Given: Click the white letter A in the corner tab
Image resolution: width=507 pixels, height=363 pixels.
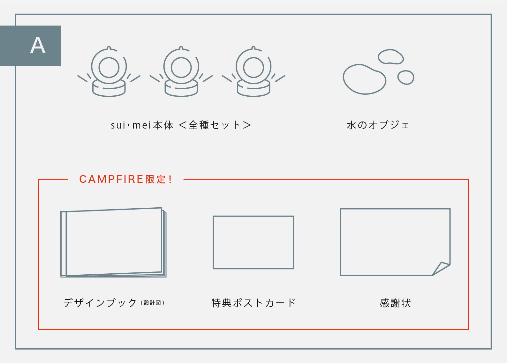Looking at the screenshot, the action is point(38,46).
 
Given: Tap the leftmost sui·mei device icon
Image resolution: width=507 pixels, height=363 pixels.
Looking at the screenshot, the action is point(109,71).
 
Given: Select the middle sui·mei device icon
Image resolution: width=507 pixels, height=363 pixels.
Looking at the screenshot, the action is point(181,71).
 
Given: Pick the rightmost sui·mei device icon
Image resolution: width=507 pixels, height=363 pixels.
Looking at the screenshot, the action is point(253,71).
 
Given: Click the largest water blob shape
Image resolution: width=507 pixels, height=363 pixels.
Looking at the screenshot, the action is point(364,79).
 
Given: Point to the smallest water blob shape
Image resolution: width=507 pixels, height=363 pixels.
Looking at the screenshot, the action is point(406,77).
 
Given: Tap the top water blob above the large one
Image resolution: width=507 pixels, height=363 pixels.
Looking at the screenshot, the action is point(391,56).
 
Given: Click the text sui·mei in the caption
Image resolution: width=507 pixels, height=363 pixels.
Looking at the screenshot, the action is point(131,125).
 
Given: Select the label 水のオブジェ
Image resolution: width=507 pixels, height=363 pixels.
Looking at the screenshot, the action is point(378,125).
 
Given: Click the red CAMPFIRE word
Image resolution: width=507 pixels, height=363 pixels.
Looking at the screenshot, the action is point(111,179).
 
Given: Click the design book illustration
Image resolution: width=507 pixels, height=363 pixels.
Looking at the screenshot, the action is point(113,242).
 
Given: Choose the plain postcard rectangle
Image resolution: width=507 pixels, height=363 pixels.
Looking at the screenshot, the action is point(253,242).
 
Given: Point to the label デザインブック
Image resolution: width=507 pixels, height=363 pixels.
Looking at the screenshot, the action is point(100,303).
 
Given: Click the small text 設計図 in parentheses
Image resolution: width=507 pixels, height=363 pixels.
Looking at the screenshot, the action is point(152,303).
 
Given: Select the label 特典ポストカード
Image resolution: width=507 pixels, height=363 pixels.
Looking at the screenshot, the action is point(253,303).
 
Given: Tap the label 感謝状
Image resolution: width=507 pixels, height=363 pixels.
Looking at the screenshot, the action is point(395,303).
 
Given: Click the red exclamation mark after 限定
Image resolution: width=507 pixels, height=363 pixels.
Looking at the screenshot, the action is point(170,179).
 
